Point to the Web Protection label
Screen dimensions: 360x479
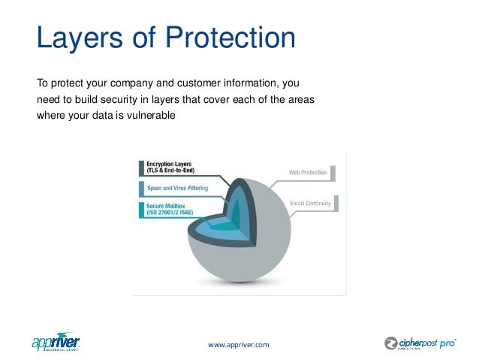click(x=309, y=172)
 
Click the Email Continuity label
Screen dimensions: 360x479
click(x=311, y=202)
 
